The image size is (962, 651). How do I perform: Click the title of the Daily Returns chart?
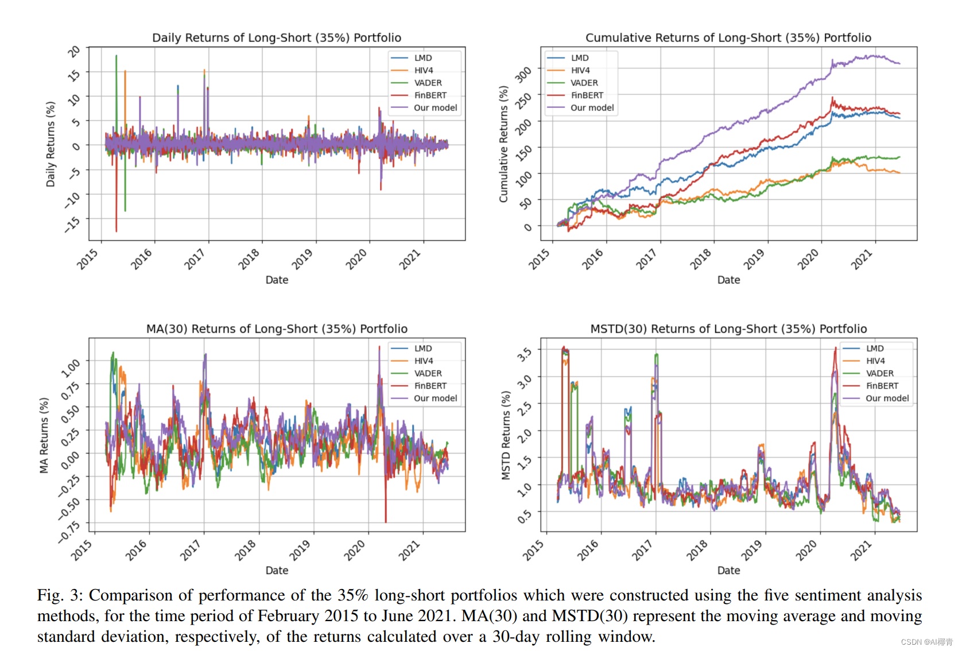click(276, 38)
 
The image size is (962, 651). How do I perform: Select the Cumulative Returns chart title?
click(728, 38)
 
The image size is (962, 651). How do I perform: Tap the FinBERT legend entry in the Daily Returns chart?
click(430, 95)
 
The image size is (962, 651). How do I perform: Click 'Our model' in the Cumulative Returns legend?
click(592, 108)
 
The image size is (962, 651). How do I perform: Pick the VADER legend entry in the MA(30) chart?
click(428, 373)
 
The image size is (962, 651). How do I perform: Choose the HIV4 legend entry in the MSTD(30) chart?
click(875, 361)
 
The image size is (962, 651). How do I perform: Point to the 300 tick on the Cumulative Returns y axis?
click(523, 74)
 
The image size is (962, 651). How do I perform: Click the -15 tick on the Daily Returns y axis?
click(73, 224)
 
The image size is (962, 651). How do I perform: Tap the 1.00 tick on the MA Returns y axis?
click(71, 368)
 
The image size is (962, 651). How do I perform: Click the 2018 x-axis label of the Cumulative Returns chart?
click(701, 259)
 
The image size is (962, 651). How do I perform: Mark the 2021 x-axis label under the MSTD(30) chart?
click(862, 551)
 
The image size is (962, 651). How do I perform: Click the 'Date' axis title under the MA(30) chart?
click(277, 570)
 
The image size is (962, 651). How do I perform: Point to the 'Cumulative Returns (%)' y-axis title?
click(503, 144)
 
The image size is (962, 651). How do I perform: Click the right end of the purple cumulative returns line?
click(899, 64)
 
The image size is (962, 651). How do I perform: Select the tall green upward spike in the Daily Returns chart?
click(116, 57)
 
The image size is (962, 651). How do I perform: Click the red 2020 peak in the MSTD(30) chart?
click(835, 348)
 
